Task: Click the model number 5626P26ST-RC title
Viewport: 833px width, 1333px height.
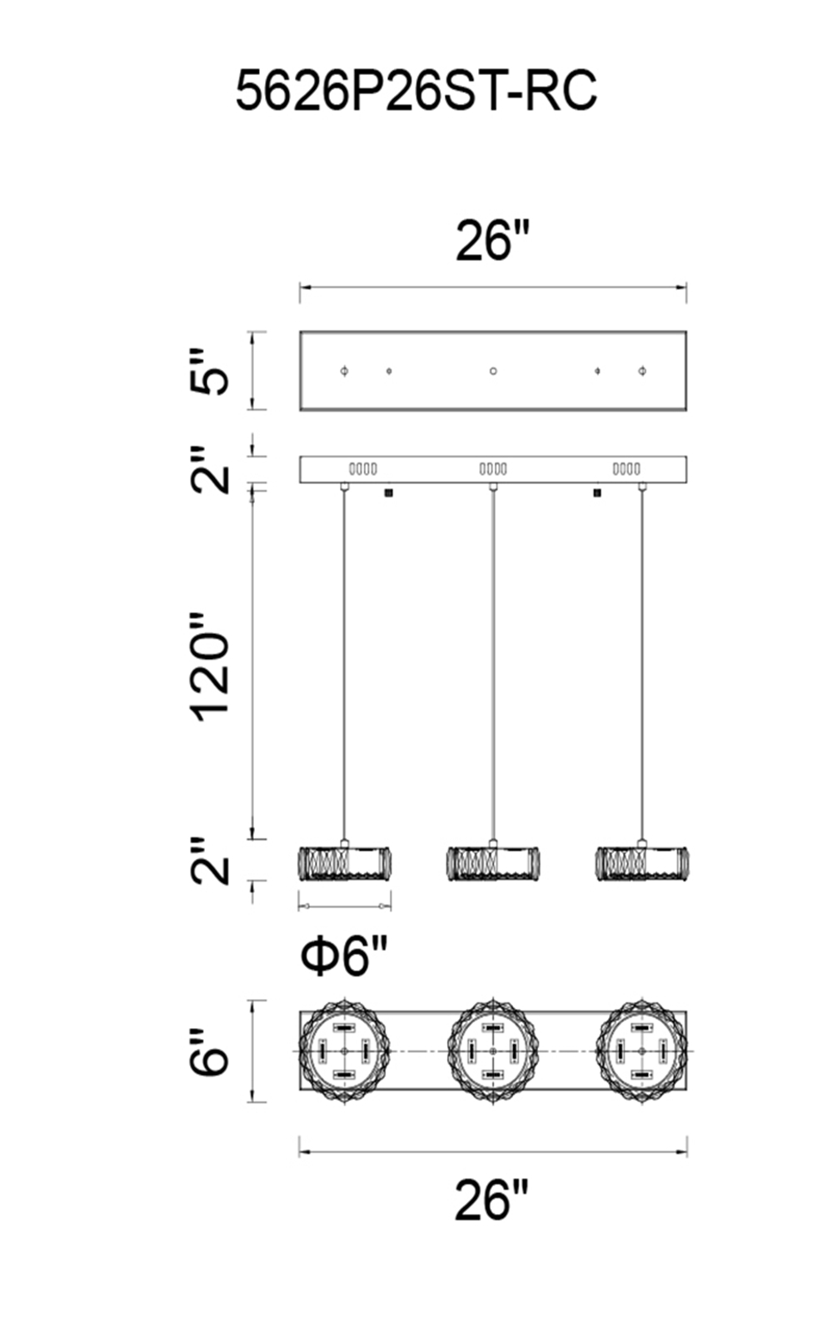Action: (x=416, y=91)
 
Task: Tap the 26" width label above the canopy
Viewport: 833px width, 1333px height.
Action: (x=492, y=240)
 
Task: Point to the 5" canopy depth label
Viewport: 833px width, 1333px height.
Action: (x=209, y=372)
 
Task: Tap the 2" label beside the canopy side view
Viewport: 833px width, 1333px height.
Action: (x=209, y=470)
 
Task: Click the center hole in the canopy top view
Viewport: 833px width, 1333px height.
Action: (x=492, y=372)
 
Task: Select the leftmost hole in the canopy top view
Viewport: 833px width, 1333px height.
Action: (x=344, y=372)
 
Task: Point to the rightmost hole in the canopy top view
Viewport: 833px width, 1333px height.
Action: (x=642, y=372)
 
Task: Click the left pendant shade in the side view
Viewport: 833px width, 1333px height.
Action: (x=344, y=863)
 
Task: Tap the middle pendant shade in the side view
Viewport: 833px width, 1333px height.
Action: (x=492, y=863)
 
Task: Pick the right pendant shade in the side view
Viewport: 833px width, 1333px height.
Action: (x=642, y=863)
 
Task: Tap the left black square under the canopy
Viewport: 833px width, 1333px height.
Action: (x=388, y=492)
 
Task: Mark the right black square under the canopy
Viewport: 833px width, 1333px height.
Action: (x=597, y=492)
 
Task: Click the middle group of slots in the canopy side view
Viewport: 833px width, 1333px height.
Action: (x=493, y=470)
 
